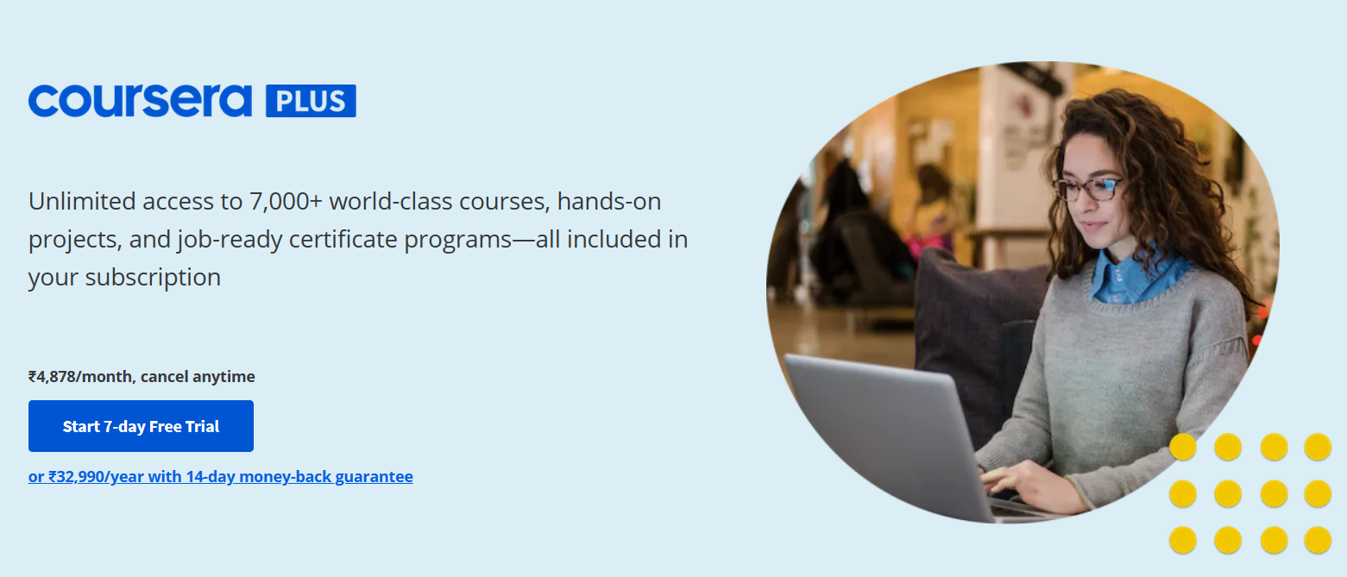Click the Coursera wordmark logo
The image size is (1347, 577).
tap(140, 100)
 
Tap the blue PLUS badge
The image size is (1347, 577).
tap(311, 101)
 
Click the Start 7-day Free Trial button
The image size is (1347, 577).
tap(141, 426)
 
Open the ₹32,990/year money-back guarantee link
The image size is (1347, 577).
tap(221, 477)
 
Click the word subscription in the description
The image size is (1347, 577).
tap(153, 277)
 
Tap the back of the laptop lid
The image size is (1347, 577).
tap(884, 433)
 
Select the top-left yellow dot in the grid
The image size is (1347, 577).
tap(1183, 447)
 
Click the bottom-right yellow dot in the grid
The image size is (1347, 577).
tap(1318, 540)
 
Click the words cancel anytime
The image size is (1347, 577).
tap(198, 377)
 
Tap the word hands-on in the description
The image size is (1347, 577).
tap(609, 201)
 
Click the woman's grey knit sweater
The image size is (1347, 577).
tap(1142, 373)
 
